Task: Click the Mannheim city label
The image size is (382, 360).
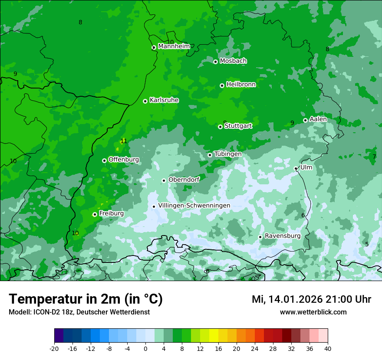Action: pyautogui.click(x=174, y=46)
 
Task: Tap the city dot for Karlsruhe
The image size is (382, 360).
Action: pyautogui.click(x=145, y=101)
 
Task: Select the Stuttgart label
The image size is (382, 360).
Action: pyautogui.click(x=238, y=126)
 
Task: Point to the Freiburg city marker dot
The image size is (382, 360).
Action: pyautogui.click(x=95, y=214)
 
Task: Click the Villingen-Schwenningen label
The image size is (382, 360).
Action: pyautogui.click(x=194, y=206)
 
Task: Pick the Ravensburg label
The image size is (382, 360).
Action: pyautogui.click(x=283, y=236)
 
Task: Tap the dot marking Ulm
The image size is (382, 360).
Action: pyautogui.click(x=296, y=168)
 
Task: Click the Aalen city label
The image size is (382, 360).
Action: pyautogui.click(x=318, y=119)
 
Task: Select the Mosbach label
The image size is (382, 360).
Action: pyautogui.click(x=233, y=61)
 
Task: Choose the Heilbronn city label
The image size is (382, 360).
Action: pyautogui.click(x=241, y=85)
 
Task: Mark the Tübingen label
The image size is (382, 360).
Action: pyautogui.click(x=227, y=154)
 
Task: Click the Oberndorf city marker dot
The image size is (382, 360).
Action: pyautogui.click(x=164, y=180)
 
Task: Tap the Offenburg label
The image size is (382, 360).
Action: pyautogui.click(x=124, y=160)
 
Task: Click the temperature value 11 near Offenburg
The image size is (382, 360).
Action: pyautogui.click(x=124, y=141)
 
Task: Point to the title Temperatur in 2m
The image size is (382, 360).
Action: pyautogui.click(x=86, y=299)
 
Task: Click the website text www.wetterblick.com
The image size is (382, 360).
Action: pyautogui.click(x=313, y=312)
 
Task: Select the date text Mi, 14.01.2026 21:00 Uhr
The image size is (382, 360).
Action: pyautogui.click(x=311, y=299)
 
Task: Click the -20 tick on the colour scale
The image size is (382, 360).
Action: pyautogui.click(x=54, y=349)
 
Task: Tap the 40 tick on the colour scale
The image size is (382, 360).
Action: pyautogui.click(x=328, y=349)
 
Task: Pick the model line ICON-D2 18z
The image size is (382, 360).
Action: pyautogui.click(x=79, y=312)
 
